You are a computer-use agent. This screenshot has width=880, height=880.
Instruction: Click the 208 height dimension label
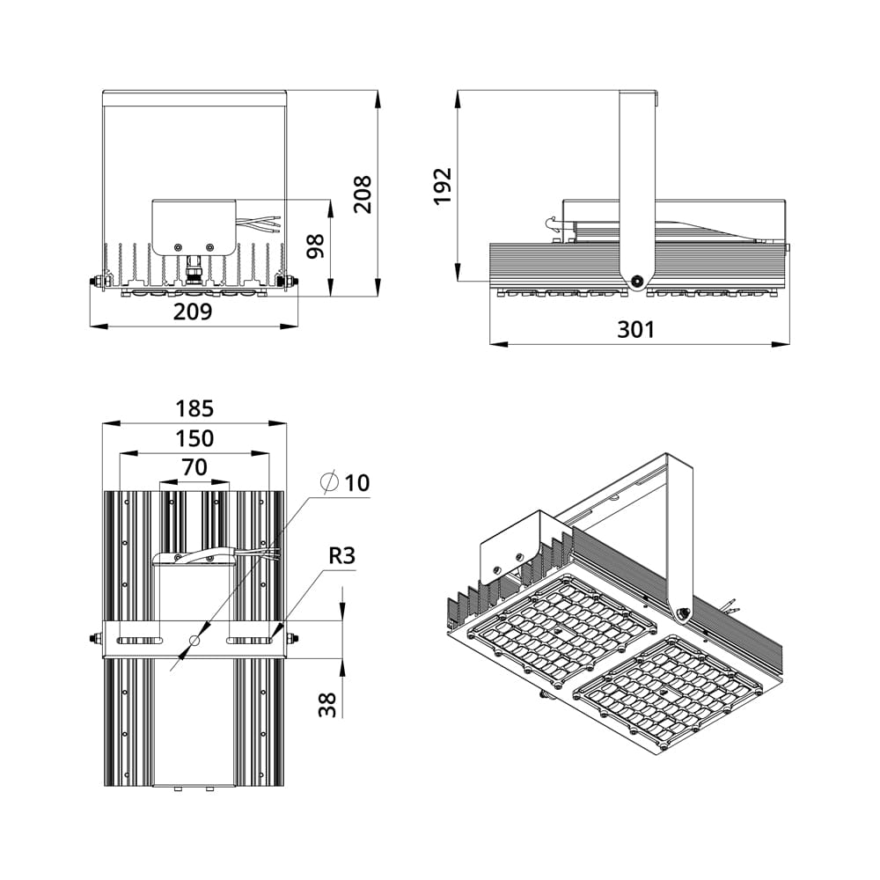pyautogui.click(x=363, y=194)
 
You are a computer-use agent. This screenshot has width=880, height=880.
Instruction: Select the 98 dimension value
pyautogui.click(x=315, y=246)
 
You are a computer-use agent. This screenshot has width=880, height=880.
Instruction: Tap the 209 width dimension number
pyautogui.click(x=193, y=312)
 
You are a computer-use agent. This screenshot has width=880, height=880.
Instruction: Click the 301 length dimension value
pyautogui.click(x=636, y=329)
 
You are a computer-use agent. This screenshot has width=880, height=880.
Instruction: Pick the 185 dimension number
pyautogui.click(x=194, y=408)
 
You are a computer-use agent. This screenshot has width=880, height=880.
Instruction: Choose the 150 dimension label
pyautogui.click(x=194, y=438)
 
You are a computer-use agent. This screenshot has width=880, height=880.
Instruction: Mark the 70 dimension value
pyautogui.click(x=194, y=467)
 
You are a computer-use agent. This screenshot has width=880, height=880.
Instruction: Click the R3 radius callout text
pyautogui.click(x=341, y=555)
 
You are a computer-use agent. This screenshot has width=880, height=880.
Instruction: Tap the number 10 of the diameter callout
pyautogui.click(x=357, y=482)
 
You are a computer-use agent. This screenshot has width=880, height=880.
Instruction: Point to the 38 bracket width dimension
pyautogui.click(x=327, y=705)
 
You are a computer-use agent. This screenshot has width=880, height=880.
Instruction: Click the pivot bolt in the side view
pyautogui.click(x=636, y=282)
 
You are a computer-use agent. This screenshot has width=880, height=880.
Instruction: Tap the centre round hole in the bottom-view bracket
pyautogui.click(x=194, y=640)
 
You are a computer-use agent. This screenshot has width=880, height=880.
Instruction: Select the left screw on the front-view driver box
pyautogui.click(x=178, y=247)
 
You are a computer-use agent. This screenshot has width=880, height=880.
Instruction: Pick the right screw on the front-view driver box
pyautogui.click(x=210, y=247)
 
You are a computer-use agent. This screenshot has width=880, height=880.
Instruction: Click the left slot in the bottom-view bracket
pyautogui.click(x=139, y=641)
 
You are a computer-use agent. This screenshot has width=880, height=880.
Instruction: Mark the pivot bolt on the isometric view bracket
pyautogui.click(x=684, y=613)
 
